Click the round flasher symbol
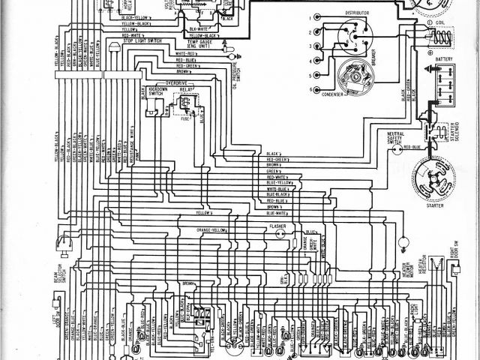pyautogui.click(x=278, y=235)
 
